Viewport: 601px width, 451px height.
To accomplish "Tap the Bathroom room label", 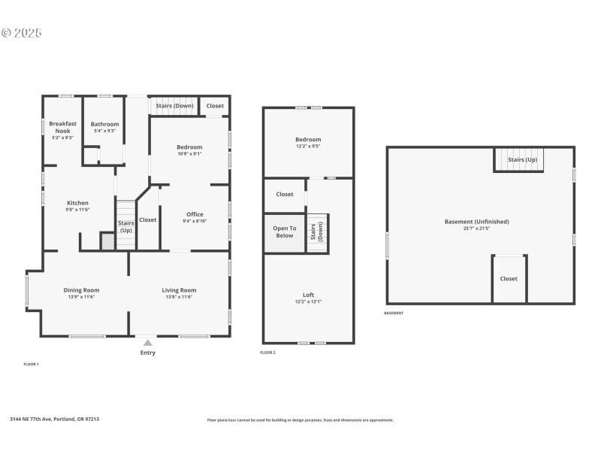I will [104, 124].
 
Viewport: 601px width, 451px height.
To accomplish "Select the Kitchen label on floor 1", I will [78, 203].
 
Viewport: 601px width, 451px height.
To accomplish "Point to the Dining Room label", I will [81, 290].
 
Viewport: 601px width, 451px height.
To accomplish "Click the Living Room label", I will [179, 290].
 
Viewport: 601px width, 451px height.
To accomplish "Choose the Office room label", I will [195, 214].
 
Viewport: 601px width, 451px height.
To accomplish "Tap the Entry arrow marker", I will [148, 343].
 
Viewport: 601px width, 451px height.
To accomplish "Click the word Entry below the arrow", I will [148, 353].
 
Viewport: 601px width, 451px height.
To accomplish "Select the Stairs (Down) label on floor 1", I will [174, 106].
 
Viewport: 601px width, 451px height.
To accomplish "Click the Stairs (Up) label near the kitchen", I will [125, 226].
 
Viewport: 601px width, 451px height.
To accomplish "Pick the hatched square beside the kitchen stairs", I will [107, 241].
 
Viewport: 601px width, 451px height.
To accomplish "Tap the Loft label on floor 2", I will [308, 295].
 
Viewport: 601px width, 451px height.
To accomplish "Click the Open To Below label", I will [284, 232].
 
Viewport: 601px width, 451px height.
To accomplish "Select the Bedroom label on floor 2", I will [308, 140].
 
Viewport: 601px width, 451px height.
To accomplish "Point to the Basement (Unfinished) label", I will [477, 222].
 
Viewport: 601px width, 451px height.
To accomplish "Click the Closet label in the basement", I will [509, 279].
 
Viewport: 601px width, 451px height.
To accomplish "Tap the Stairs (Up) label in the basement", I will [522, 160].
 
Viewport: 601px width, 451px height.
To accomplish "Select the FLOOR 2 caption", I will [267, 353].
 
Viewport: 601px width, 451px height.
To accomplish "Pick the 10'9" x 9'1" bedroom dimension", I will [189, 154].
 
